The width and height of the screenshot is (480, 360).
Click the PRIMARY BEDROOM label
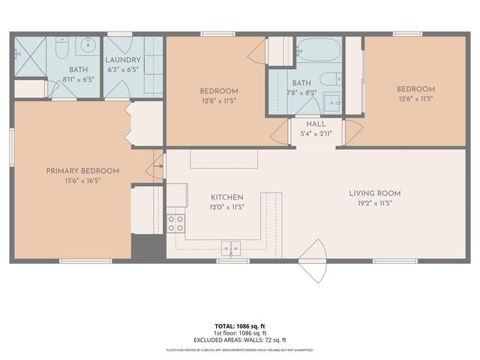coord(73,171)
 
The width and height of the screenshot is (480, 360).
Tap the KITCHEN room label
coord(226,197)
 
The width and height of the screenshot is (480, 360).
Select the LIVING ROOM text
coord(371,193)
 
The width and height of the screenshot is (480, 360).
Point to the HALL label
coord(305,124)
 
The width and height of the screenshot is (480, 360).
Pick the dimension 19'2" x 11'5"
coord(371,202)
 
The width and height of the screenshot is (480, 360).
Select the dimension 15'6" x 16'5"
coord(73,180)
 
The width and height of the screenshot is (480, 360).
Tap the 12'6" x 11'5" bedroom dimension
coord(415,99)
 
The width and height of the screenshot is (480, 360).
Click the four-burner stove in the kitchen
coord(175,222)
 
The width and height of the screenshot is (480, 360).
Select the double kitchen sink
coord(230,247)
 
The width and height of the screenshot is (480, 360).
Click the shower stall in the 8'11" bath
coord(29,54)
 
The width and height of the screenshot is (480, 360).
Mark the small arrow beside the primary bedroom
coord(158,166)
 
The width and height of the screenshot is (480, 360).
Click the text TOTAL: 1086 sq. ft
coord(239,326)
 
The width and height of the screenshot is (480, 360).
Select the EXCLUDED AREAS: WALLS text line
coord(239,339)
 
